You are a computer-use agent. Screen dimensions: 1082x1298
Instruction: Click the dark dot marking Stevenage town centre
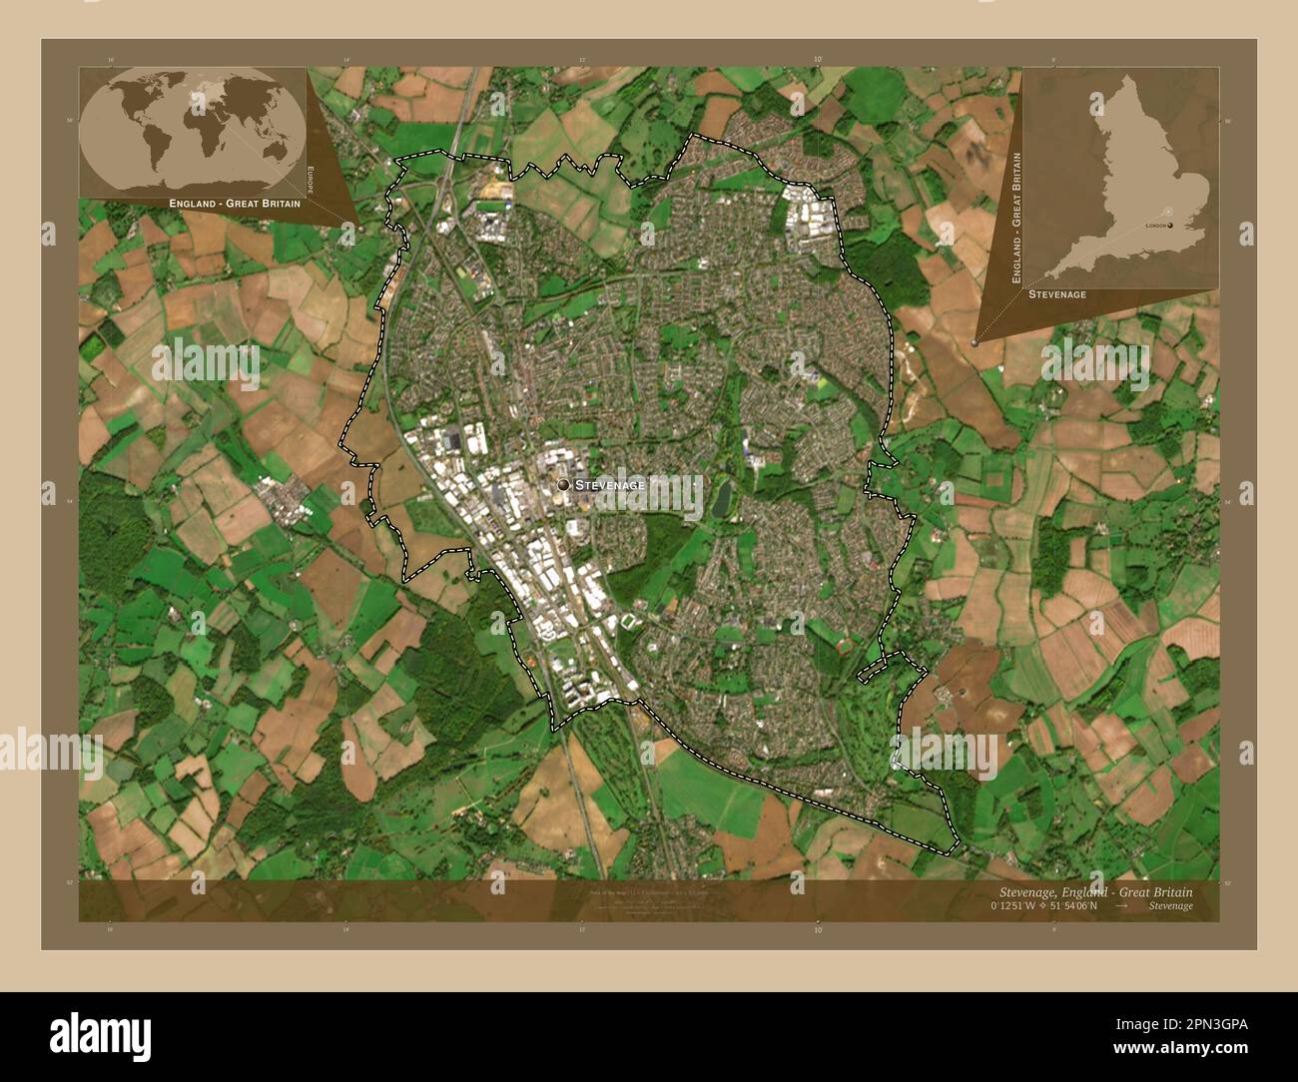tap(563, 484)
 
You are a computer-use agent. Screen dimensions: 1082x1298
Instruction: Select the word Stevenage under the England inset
tap(1057, 294)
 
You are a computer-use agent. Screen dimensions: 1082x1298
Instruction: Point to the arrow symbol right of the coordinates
tap(1121, 905)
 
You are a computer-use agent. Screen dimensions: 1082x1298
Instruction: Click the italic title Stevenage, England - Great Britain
tap(1094, 890)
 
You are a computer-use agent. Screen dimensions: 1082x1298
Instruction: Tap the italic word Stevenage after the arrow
tap(1169, 905)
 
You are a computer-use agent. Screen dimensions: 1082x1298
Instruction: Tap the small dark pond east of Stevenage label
tap(720, 498)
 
